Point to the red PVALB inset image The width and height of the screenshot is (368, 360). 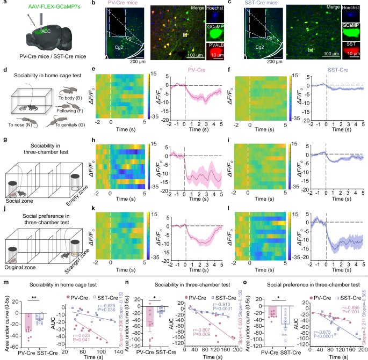click(x=217, y=51)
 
